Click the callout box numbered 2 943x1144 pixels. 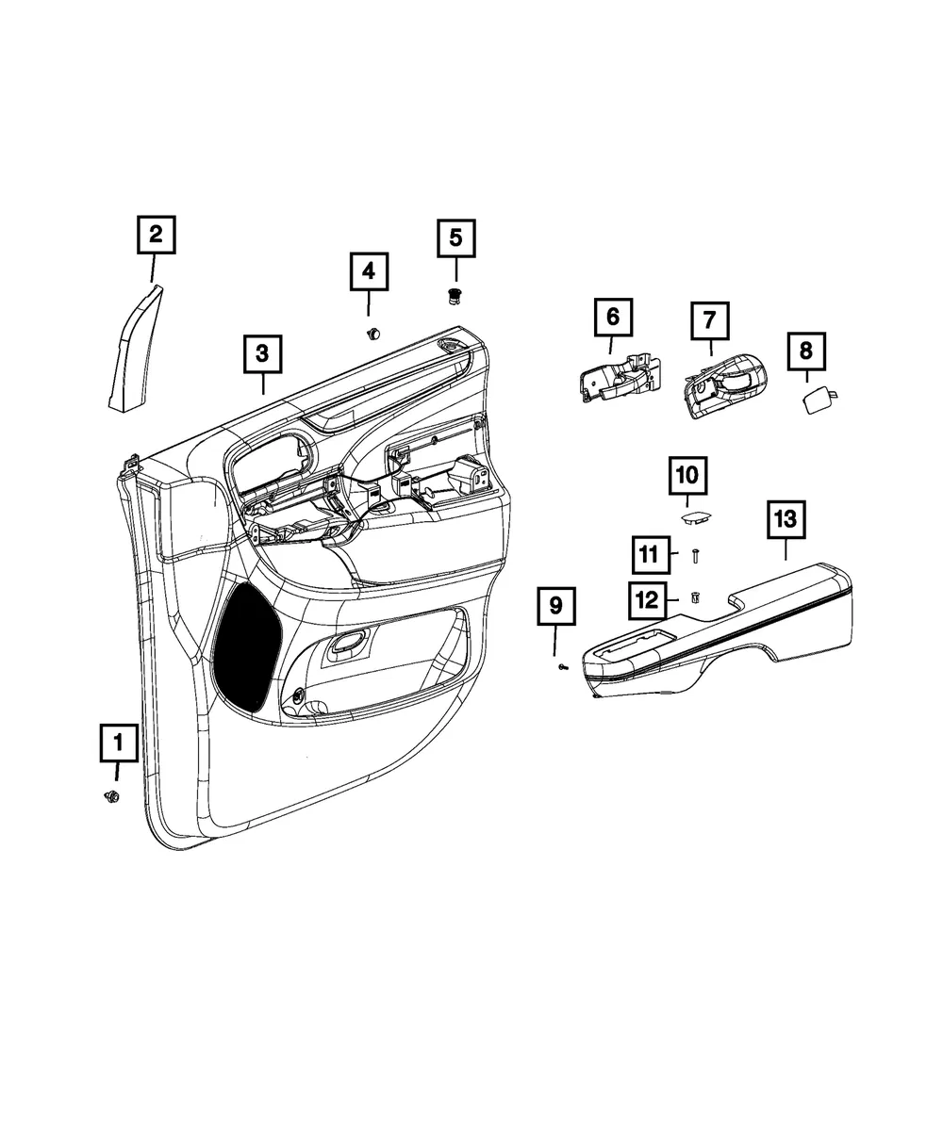point(156,235)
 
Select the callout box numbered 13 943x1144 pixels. point(786,519)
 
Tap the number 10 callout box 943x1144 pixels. point(687,475)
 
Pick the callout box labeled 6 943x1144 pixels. point(613,318)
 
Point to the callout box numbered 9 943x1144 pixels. point(556,605)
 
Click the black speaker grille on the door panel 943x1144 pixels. point(247,647)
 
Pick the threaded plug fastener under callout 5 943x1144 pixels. point(454,297)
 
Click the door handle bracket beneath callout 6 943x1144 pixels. point(620,378)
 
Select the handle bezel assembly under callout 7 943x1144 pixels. point(725,385)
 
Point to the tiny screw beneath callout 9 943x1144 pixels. point(563,667)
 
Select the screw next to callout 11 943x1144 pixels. point(696,556)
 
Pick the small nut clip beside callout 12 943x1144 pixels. point(696,597)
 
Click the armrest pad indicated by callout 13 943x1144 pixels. point(717,630)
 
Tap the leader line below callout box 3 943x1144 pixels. point(263,384)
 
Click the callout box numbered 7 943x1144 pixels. point(709,320)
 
